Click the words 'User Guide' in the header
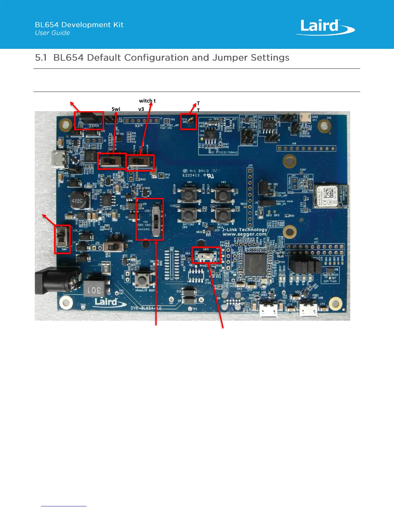pos(52,33)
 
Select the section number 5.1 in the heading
pos(41,58)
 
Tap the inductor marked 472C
pos(77,201)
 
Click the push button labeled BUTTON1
pos(189,195)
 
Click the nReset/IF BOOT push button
pos(141,280)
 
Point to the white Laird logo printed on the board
pos(106,302)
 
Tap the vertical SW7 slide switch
pos(156,220)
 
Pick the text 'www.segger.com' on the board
pos(244,234)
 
